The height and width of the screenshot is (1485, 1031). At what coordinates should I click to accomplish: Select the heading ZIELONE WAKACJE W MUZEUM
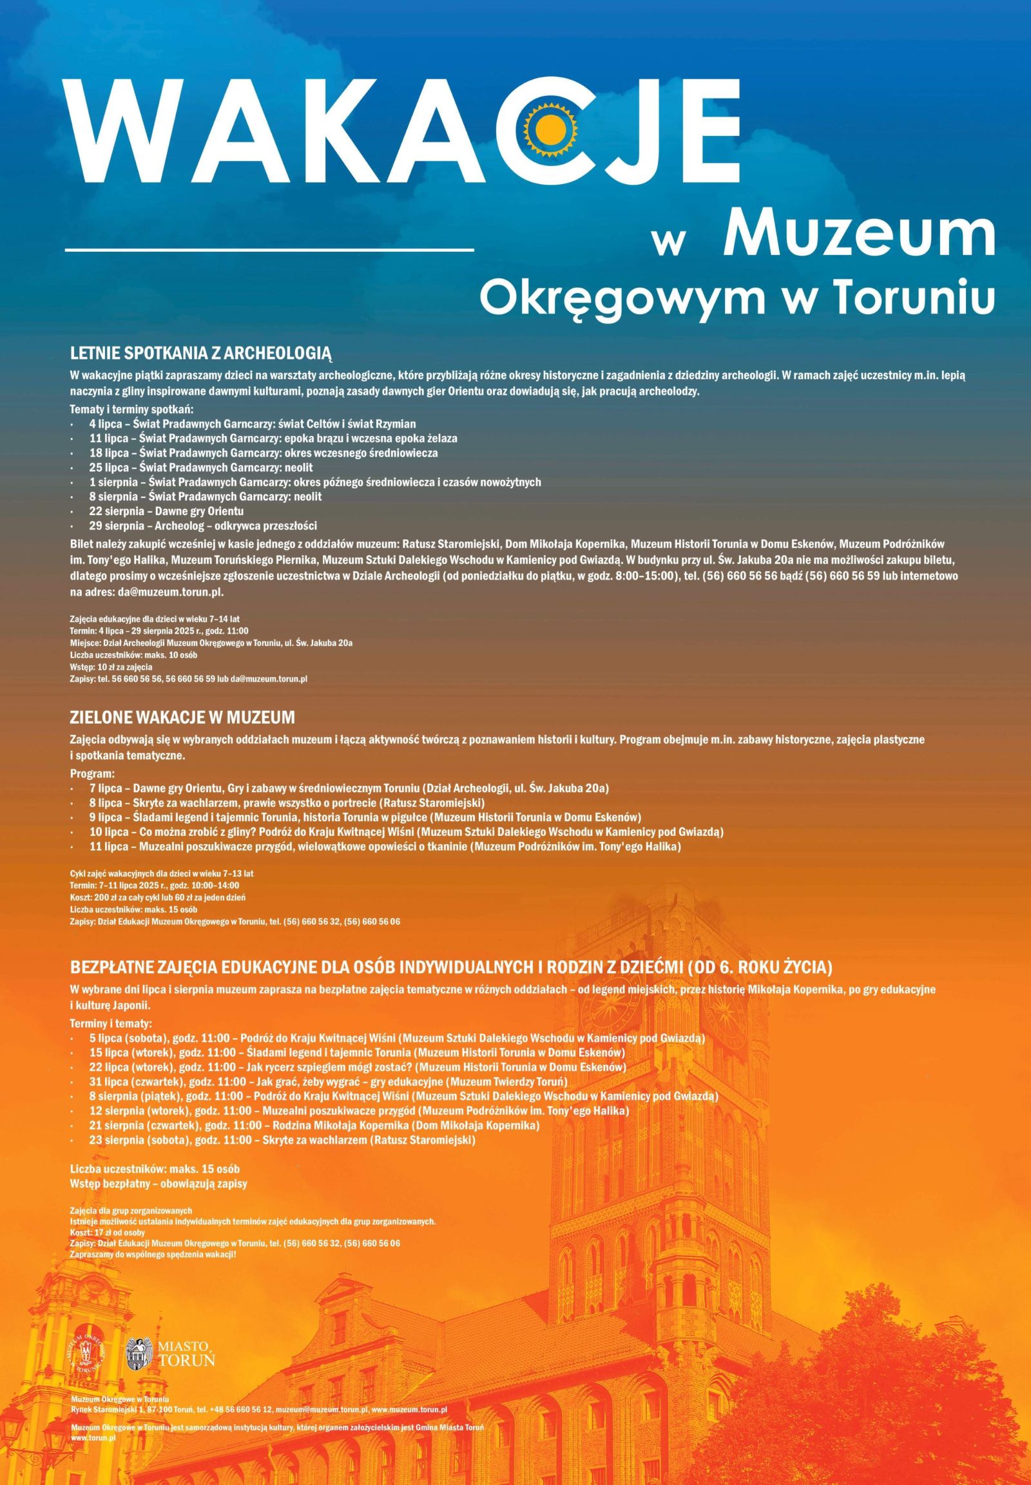(x=182, y=717)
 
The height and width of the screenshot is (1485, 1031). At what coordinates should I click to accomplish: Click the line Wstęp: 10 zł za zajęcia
(x=111, y=666)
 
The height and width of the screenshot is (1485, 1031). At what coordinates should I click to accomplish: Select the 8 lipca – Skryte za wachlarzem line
(x=287, y=803)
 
